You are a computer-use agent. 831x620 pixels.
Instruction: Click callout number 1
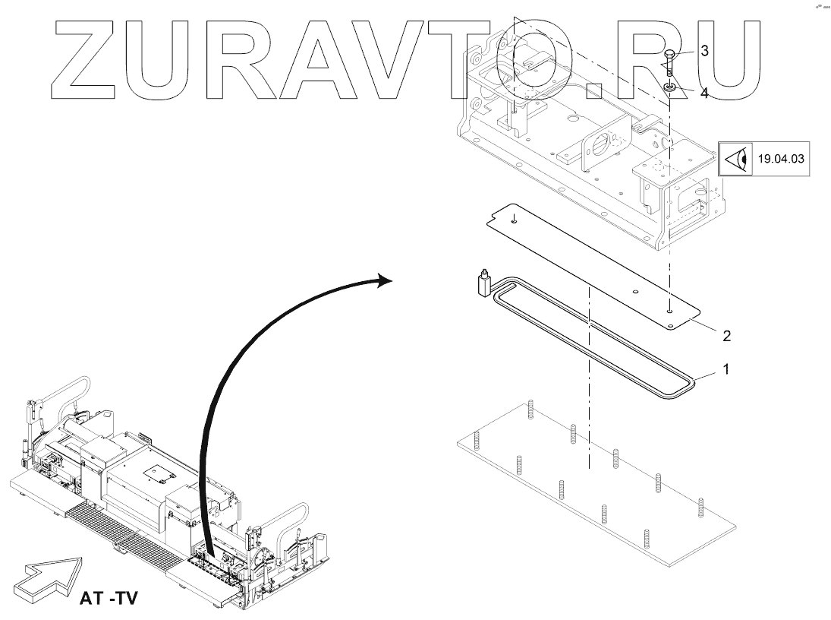726,370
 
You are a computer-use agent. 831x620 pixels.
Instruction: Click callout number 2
726,334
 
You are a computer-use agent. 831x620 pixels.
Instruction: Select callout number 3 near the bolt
704,52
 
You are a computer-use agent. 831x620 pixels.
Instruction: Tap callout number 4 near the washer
704,93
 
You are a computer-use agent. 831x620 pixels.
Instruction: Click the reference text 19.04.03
781,160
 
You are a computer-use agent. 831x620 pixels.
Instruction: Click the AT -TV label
108,597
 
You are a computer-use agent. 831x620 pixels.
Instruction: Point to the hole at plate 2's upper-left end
513,220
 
